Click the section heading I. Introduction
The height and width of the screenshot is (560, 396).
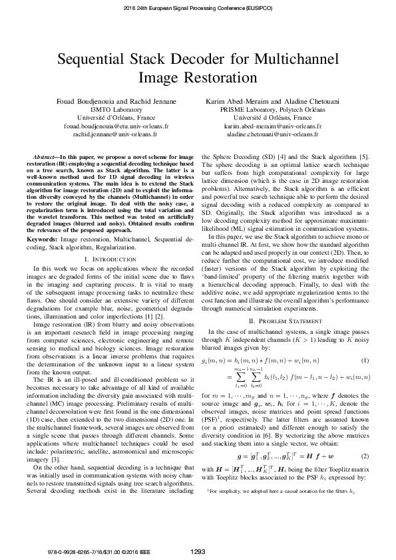pos(110,239)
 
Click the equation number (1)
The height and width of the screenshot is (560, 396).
pos(365,360)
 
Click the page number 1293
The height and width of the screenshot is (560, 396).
pos(198,551)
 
